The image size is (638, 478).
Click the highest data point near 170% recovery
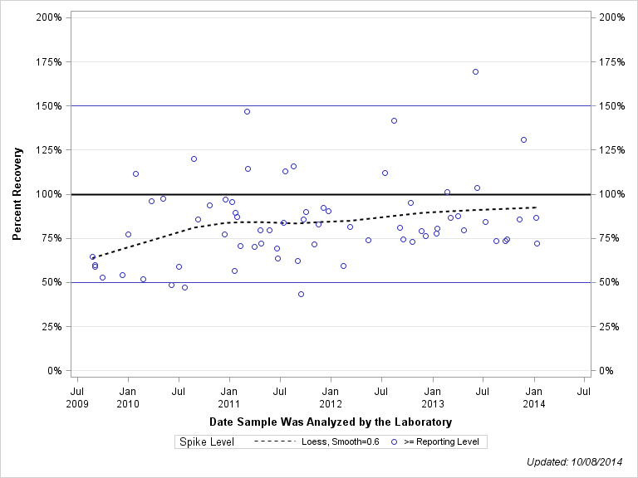click(x=475, y=71)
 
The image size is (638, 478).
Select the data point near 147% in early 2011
click(x=247, y=111)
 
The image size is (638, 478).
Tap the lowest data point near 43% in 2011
click(x=301, y=294)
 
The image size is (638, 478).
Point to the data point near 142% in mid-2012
click(x=394, y=120)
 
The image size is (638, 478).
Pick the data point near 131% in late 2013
click(x=523, y=139)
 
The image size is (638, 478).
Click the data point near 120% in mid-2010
click(x=194, y=159)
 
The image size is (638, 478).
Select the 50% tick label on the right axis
click(x=609, y=282)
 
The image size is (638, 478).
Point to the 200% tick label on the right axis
click(x=611, y=17)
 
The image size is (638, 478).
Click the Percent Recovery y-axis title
click(x=17, y=194)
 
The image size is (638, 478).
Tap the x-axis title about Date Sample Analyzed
click(x=331, y=422)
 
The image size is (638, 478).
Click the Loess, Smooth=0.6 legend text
click(x=342, y=441)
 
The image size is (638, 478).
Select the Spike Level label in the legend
click(x=207, y=441)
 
